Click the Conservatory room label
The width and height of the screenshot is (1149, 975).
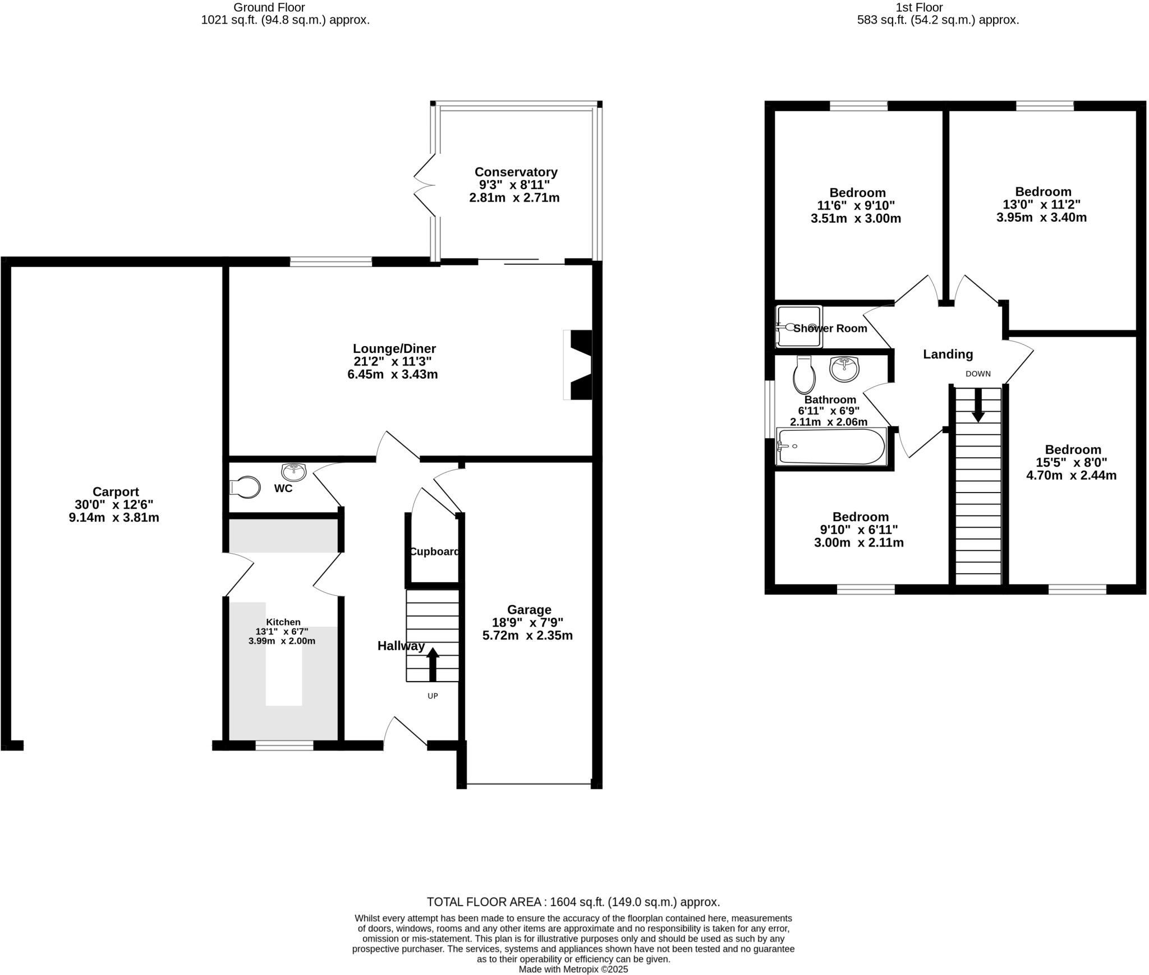click(x=516, y=172)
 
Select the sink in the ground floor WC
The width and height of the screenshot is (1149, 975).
click(x=293, y=472)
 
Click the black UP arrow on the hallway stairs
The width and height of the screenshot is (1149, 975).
click(x=433, y=664)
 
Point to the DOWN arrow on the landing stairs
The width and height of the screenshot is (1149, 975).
click(x=978, y=405)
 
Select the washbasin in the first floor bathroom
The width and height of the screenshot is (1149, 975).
click(x=844, y=369)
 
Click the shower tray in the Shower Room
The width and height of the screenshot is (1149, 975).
click(x=799, y=326)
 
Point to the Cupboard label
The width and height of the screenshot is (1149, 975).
click(x=434, y=551)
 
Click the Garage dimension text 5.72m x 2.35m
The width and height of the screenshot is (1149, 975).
click(x=527, y=636)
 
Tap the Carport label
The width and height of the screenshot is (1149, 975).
click(x=116, y=492)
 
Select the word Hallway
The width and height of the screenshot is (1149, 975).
click(x=401, y=646)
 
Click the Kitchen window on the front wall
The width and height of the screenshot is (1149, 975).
click(x=284, y=745)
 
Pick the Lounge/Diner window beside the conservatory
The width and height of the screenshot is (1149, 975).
click(x=330, y=261)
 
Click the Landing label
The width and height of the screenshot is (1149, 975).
click(x=948, y=354)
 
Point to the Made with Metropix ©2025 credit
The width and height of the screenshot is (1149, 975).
click(x=573, y=969)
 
